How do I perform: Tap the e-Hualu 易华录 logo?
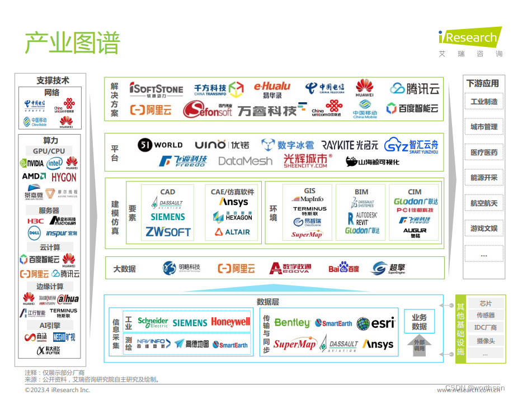coord(272,89)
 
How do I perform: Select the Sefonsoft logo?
coord(207,110)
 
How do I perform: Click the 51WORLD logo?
coord(160,145)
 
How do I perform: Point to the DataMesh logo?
coord(245,161)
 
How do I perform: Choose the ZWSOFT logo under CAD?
coord(168,231)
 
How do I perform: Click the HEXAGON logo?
coord(233,217)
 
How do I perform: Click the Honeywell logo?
coord(230,322)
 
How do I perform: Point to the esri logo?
coord(375,323)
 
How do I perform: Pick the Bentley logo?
coord(291,323)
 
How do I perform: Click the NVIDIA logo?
coord(32,164)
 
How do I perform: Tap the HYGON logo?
coord(64,178)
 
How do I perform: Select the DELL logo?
coord(34,233)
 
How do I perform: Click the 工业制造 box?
coord(484,102)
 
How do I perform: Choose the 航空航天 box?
coord(484,203)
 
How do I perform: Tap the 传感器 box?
coord(485,316)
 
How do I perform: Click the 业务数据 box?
coord(419,322)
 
